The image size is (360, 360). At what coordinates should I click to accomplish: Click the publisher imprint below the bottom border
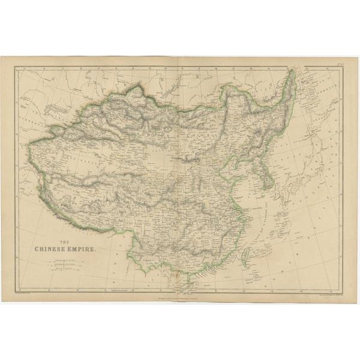click(x=180, y=295)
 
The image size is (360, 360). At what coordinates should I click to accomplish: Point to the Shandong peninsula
click(x=244, y=176)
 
